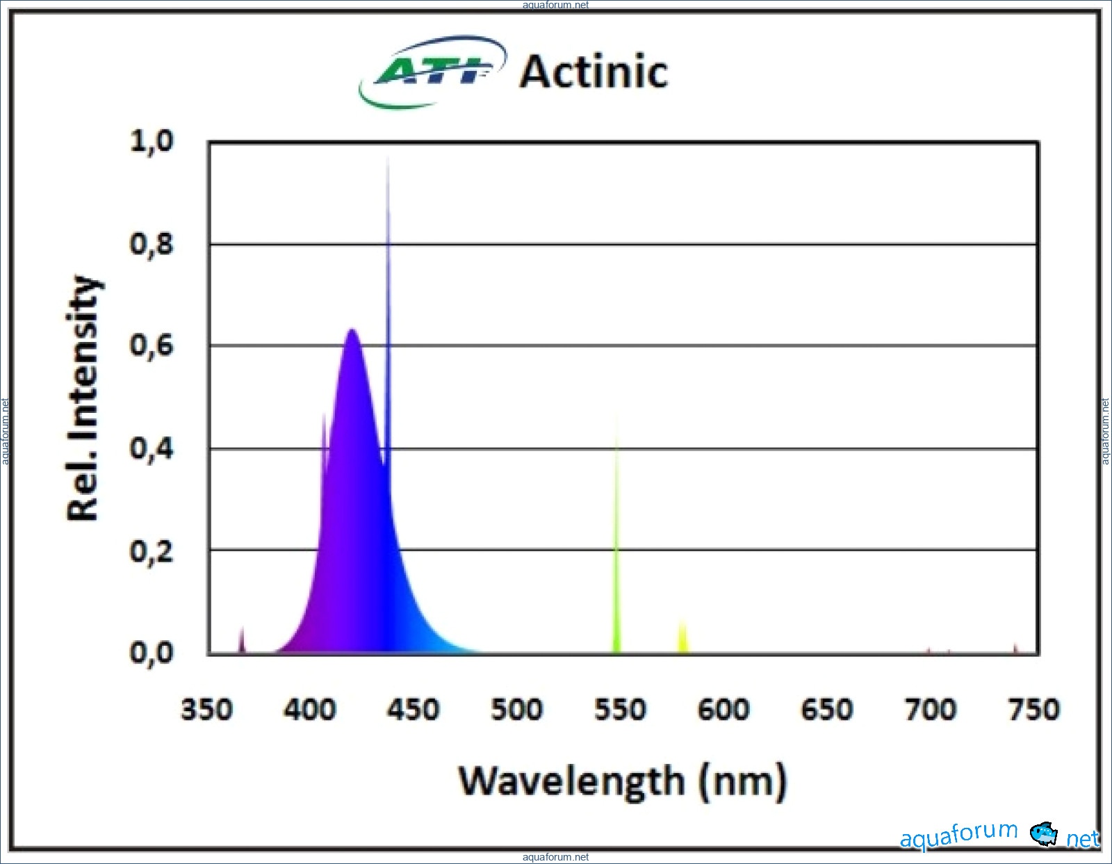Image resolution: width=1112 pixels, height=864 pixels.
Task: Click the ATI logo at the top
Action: tap(432, 71)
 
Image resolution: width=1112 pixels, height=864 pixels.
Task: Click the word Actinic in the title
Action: tap(594, 72)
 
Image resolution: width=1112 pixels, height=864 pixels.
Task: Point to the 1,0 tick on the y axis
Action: tap(152, 141)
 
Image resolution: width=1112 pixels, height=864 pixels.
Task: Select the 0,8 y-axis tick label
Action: tap(152, 244)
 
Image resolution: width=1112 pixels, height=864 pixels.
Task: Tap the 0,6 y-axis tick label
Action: tap(152, 345)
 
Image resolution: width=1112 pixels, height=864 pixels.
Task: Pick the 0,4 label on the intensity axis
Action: tap(152, 448)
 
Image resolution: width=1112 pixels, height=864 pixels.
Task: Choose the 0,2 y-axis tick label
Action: tap(152, 551)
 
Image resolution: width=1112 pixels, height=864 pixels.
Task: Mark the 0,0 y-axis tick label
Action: tap(152, 653)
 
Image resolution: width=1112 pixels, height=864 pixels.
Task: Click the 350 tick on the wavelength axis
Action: tap(207, 710)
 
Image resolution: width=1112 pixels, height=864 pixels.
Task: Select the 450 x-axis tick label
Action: tap(414, 710)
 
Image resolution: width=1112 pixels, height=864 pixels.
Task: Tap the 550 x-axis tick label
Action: tap(620, 710)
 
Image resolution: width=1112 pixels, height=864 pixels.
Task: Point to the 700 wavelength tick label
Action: tap(931, 710)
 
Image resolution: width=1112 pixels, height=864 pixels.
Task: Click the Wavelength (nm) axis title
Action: tap(623, 781)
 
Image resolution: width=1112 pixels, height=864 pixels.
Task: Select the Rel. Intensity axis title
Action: tap(83, 398)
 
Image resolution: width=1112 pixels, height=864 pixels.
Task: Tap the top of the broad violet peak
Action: tap(352, 332)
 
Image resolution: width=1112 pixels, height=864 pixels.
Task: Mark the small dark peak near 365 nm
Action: tap(242, 641)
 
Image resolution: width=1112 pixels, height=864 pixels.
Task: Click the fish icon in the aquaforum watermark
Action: tap(1043, 833)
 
